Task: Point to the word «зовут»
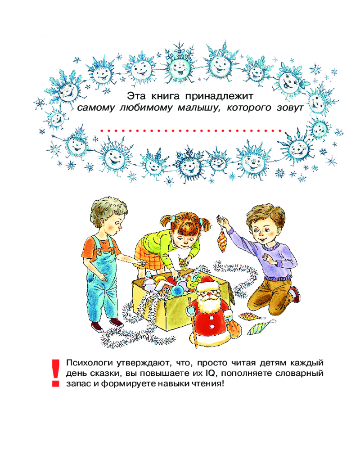[x=290, y=108]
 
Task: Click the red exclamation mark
[x=55, y=373]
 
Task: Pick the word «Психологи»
[x=89, y=363]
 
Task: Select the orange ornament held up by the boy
[x=222, y=242]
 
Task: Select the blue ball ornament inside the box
[x=177, y=291]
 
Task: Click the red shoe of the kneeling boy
[x=296, y=294]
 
